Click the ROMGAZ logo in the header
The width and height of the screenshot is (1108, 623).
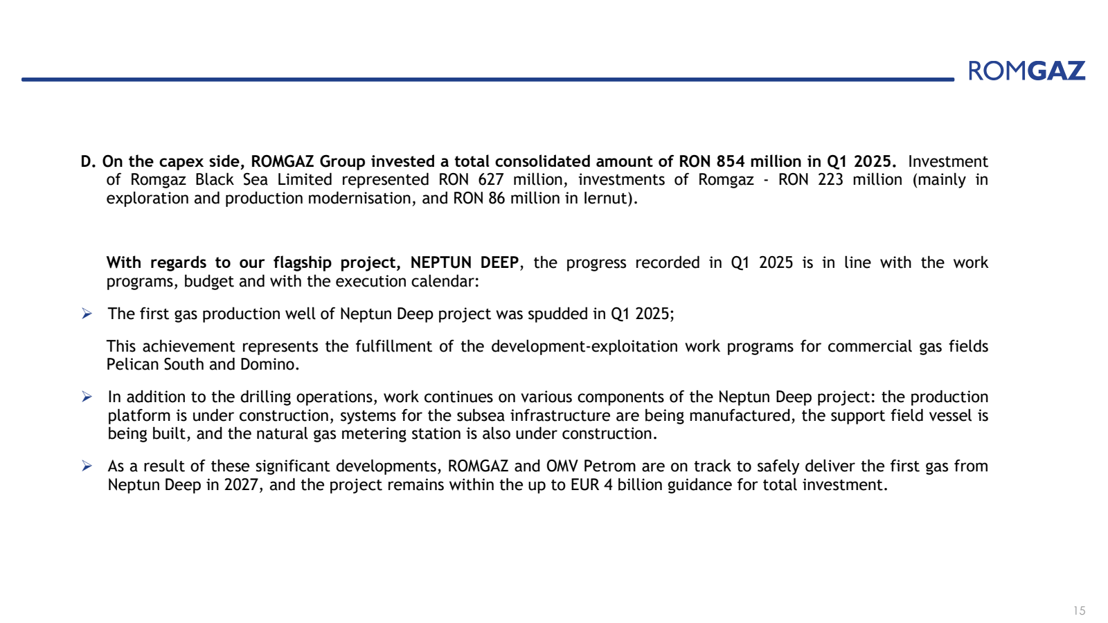(x=1026, y=71)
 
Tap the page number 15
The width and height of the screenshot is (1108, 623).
(x=1079, y=611)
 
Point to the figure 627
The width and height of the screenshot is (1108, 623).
(x=491, y=180)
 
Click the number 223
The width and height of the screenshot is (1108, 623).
(x=830, y=180)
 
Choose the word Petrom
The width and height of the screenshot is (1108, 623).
(x=609, y=467)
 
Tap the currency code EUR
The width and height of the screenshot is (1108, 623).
(x=584, y=485)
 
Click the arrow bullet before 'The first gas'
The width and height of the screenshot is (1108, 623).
(x=87, y=314)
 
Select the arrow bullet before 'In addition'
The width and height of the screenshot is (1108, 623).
(x=87, y=397)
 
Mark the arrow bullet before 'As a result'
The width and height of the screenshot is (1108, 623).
(x=87, y=467)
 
